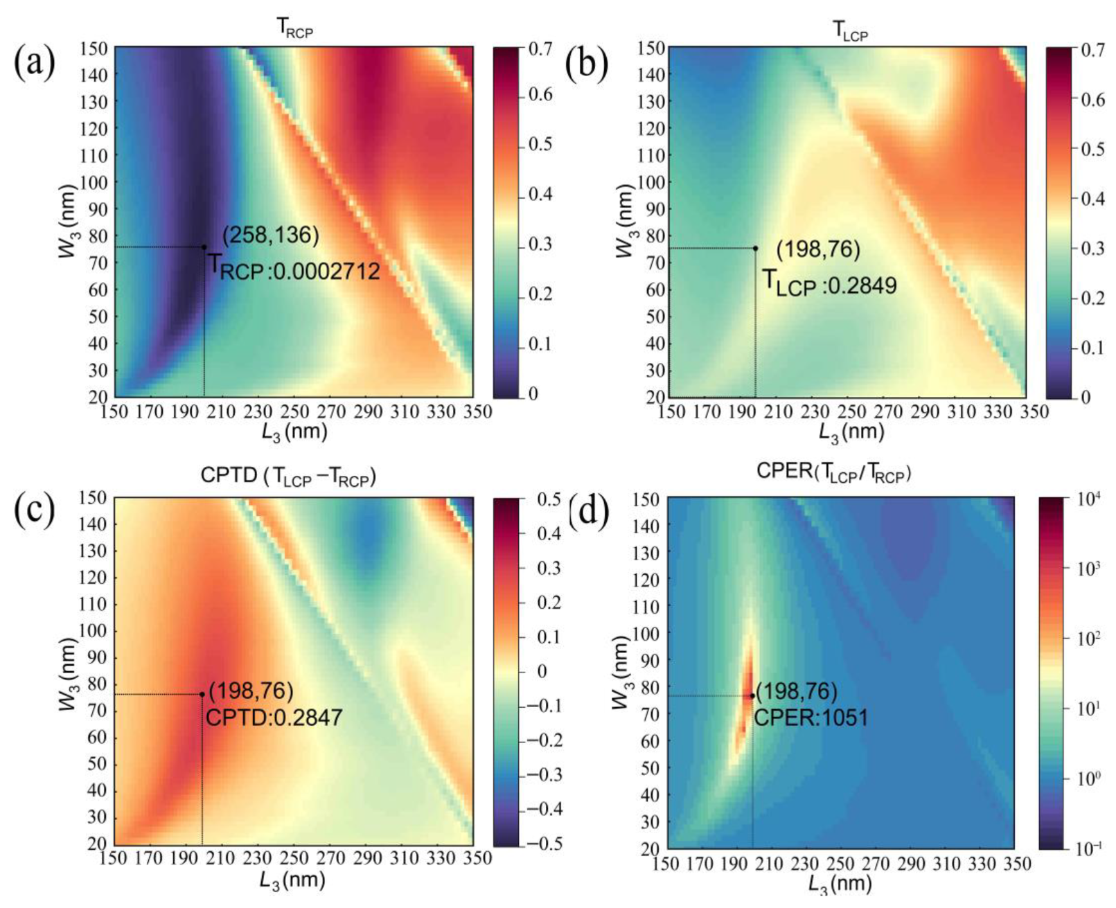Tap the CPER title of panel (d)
click(833, 472)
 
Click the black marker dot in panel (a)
click(204, 247)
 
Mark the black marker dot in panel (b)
click(756, 248)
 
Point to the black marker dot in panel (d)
click(752, 696)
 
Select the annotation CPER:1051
click(811, 718)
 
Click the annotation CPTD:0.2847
click(274, 718)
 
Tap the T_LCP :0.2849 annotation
click(829, 283)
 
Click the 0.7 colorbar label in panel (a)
click(540, 48)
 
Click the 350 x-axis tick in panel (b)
click(1034, 412)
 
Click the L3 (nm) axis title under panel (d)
click(839, 883)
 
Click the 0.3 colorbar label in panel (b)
click(1093, 248)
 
